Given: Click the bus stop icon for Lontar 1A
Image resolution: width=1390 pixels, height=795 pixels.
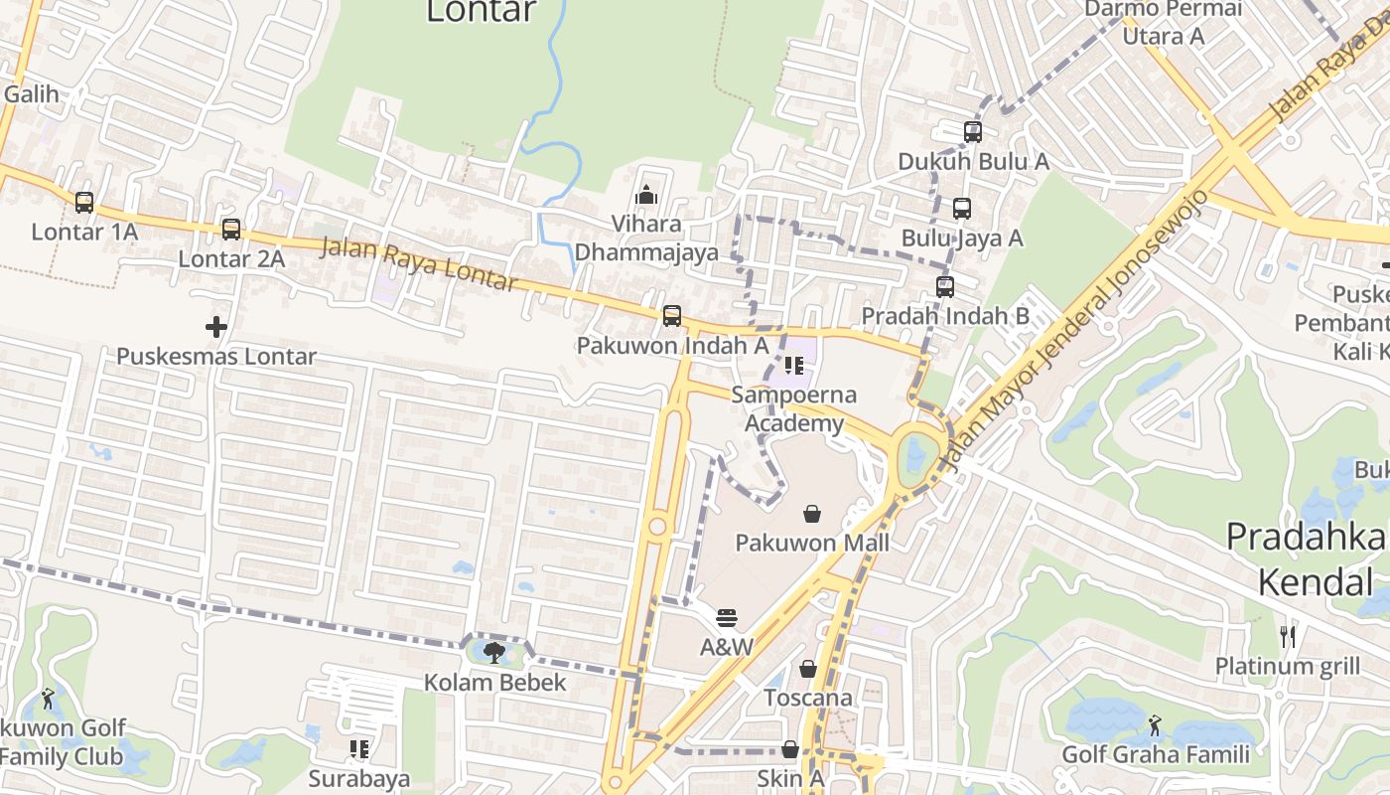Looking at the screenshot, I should point(84,203).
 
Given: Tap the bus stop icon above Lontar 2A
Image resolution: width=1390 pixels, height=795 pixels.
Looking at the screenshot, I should point(231,230).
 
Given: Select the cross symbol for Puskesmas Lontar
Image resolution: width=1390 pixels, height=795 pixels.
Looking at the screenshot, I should point(215,326).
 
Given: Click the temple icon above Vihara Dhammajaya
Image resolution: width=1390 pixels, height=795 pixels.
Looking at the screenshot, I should point(646,194).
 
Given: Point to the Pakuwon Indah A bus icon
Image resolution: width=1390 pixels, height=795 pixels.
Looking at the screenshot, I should point(672,316).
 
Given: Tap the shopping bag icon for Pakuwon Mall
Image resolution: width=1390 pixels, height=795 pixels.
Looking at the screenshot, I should point(812,514).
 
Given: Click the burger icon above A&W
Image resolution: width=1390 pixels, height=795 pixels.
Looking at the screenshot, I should point(727,617).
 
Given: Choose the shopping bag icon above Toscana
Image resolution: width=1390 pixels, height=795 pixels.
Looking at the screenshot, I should point(808,669).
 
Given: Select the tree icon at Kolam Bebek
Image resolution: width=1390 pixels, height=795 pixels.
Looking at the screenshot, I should point(493,653).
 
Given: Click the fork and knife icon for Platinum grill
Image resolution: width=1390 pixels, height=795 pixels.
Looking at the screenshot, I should point(1288,636).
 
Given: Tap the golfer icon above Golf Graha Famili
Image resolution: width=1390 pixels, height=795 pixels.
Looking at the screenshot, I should point(1154,725).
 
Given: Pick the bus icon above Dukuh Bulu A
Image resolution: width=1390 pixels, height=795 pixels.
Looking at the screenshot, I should point(973,131).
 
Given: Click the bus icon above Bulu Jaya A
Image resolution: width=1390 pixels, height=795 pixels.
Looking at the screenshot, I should point(961,209).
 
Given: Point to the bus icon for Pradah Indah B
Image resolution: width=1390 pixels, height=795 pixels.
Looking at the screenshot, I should point(945,287).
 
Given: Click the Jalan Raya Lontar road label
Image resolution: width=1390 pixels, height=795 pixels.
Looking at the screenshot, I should point(418,264).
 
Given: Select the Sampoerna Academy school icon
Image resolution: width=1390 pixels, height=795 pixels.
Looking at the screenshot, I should point(794,366).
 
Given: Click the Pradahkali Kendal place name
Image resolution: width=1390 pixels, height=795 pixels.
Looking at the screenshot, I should point(1307,557).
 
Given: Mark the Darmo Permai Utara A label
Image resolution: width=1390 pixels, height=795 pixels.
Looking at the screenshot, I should point(1162,23).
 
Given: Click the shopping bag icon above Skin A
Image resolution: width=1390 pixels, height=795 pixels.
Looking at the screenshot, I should point(790,749).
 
